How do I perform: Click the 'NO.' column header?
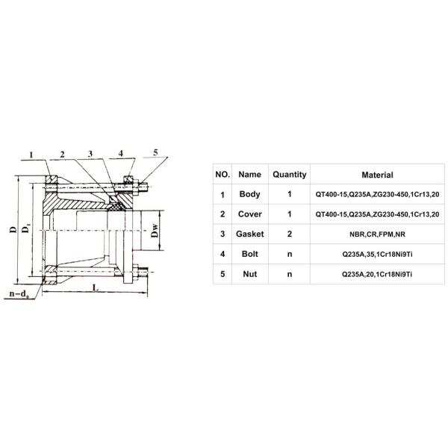[x=223, y=175]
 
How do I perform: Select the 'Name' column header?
[x=250, y=175]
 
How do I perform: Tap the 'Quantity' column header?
[x=289, y=175]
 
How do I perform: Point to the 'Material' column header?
[x=377, y=175]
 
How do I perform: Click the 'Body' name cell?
[x=250, y=195]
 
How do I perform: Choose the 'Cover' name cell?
[x=250, y=215]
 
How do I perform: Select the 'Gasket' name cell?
[x=250, y=234]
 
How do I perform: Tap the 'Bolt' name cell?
[x=250, y=255]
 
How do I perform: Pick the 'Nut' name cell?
[x=250, y=275]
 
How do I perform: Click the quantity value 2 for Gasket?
[x=289, y=234]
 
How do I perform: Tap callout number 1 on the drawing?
[x=32, y=155]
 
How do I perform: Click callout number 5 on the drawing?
[x=156, y=152]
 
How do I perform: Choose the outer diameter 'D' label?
[x=14, y=231]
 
